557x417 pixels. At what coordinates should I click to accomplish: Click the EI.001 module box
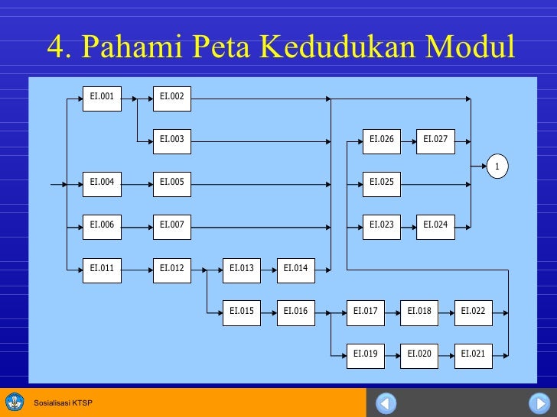click(x=102, y=97)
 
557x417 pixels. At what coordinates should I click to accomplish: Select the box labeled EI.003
click(x=171, y=140)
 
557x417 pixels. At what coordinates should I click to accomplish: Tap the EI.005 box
click(x=171, y=183)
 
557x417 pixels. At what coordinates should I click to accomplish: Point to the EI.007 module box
click(x=171, y=225)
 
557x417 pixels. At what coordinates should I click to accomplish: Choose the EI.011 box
click(x=102, y=268)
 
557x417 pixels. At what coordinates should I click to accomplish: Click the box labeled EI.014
click(x=295, y=268)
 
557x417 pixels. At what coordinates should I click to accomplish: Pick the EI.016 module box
click(x=295, y=311)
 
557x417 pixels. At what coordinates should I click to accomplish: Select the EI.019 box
click(x=365, y=354)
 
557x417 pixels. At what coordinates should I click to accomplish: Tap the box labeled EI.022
click(x=473, y=311)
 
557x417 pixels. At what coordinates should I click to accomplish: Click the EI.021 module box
click(x=473, y=354)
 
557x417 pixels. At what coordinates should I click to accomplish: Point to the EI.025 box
click(x=381, y=183)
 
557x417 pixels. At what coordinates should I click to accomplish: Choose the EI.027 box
click(x=435, y=140)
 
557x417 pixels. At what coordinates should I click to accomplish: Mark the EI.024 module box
click(x=435, y=225)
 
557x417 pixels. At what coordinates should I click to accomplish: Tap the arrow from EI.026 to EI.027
click(x=409, y=140)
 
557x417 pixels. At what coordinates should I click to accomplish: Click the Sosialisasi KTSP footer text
click(x=63, y=402)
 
